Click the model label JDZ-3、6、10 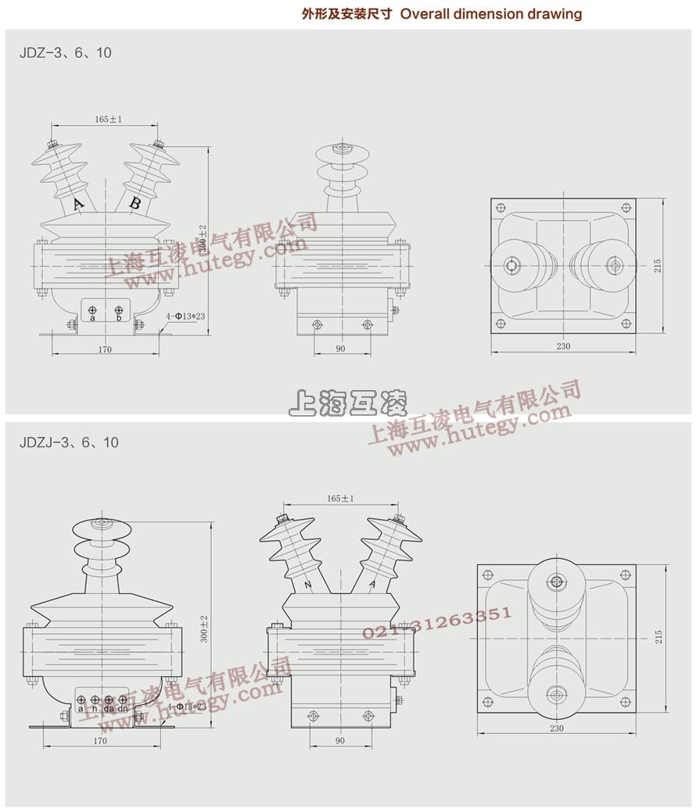66,52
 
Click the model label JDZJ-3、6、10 69,442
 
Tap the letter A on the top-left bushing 77,205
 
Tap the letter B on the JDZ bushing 135,204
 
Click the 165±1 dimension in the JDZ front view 109,120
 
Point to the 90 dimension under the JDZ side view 340,349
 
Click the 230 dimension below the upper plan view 563,346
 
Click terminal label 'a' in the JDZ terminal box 92,318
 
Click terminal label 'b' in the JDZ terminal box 118,318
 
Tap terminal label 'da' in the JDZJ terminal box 109,708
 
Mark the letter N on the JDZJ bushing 307,585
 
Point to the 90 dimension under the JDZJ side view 340,740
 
